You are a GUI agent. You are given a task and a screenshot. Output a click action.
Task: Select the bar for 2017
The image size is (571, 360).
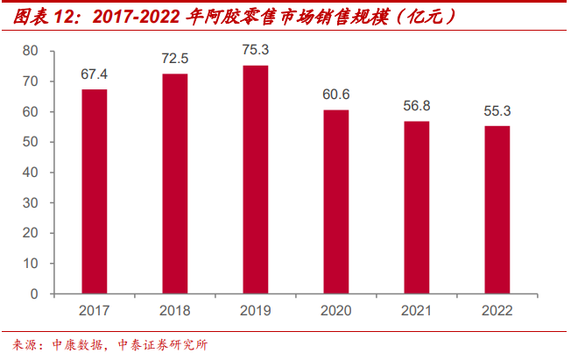95,191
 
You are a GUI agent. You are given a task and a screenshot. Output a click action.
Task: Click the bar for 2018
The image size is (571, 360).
175,184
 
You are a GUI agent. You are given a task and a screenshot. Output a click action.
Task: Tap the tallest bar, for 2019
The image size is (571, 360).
256,180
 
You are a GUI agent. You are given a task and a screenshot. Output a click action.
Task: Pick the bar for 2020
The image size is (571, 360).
336,201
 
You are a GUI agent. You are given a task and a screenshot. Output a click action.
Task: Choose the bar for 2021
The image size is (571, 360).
417,208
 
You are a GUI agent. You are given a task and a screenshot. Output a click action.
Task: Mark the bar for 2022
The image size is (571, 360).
497,210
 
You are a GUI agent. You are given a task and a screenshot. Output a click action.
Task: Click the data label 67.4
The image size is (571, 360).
95,74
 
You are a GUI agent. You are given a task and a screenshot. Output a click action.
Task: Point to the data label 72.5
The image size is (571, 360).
175,60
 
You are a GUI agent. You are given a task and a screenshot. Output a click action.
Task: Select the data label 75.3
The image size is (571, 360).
256,51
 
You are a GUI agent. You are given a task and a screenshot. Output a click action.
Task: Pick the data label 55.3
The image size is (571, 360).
497,111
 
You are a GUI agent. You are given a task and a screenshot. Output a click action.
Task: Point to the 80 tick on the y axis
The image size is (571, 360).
32,52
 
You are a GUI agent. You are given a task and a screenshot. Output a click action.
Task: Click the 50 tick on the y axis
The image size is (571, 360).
32,142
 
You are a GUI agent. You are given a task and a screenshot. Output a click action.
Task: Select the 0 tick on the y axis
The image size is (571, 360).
35,293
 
